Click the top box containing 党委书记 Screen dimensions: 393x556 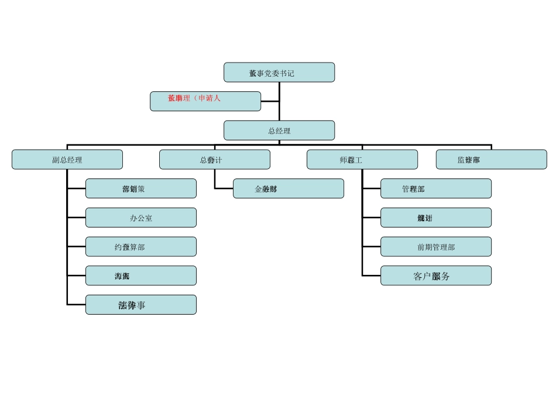coord(279,73)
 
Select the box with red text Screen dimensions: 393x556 coord(205,101)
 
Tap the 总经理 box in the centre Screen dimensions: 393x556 coord(279,130)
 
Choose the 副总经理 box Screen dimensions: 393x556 coord(67,160)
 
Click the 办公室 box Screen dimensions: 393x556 coord(141,218)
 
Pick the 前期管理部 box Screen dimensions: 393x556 coord(436,247)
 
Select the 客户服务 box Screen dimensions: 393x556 coord(436,276)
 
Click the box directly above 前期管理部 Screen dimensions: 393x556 coord(436,218)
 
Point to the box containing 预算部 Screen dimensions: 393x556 coord(141,247)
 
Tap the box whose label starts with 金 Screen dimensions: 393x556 coord(289,188)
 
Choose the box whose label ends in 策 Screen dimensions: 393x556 coord(141,188)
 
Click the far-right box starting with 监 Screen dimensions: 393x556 coord(492,160)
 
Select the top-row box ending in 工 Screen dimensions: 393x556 coord(362,160)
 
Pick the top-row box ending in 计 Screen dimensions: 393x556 coord(215,160)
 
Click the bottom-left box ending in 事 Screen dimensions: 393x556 coord(141,305)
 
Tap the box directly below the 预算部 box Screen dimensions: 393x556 coord(141,276)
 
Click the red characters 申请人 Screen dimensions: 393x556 coord(210,98)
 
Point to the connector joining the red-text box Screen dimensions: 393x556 coord(270,101)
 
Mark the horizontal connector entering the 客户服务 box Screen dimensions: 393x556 coord(371,276)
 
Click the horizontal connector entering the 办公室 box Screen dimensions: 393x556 coord(76,218)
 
